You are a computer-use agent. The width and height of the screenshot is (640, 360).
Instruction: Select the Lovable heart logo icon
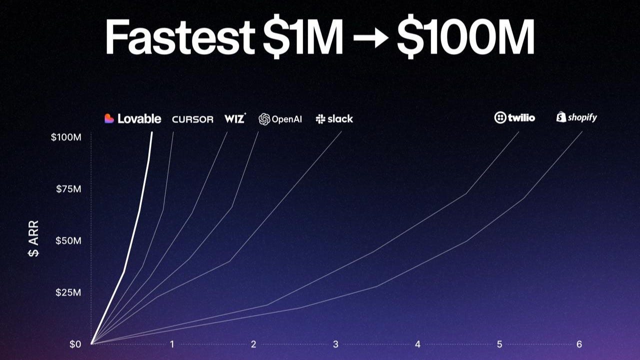pos(109,118)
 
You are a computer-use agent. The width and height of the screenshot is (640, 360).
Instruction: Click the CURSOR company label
pos(192,119)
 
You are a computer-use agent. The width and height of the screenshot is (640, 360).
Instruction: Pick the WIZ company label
pos(234,118)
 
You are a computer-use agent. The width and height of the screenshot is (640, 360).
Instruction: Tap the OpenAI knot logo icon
pos(264,119)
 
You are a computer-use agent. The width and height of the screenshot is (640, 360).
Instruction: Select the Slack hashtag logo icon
pos(320,119)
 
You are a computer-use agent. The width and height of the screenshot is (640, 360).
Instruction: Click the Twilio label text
pos(521,118)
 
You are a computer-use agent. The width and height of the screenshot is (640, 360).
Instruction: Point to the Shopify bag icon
pos(561,117)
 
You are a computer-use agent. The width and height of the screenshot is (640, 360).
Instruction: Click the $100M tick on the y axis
pos(66,137)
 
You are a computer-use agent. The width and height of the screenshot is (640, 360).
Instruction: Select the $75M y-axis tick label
pos(68,189)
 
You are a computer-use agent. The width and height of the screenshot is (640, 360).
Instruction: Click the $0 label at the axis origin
pos(75,344)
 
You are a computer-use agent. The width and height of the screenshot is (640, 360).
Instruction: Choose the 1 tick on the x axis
pos(172,344)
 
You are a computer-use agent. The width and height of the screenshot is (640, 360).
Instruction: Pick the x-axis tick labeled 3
pos(335,344)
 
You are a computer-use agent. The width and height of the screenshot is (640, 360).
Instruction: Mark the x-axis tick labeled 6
pos(579,344)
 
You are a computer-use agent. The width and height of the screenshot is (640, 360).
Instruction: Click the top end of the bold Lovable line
pos(151,133)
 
